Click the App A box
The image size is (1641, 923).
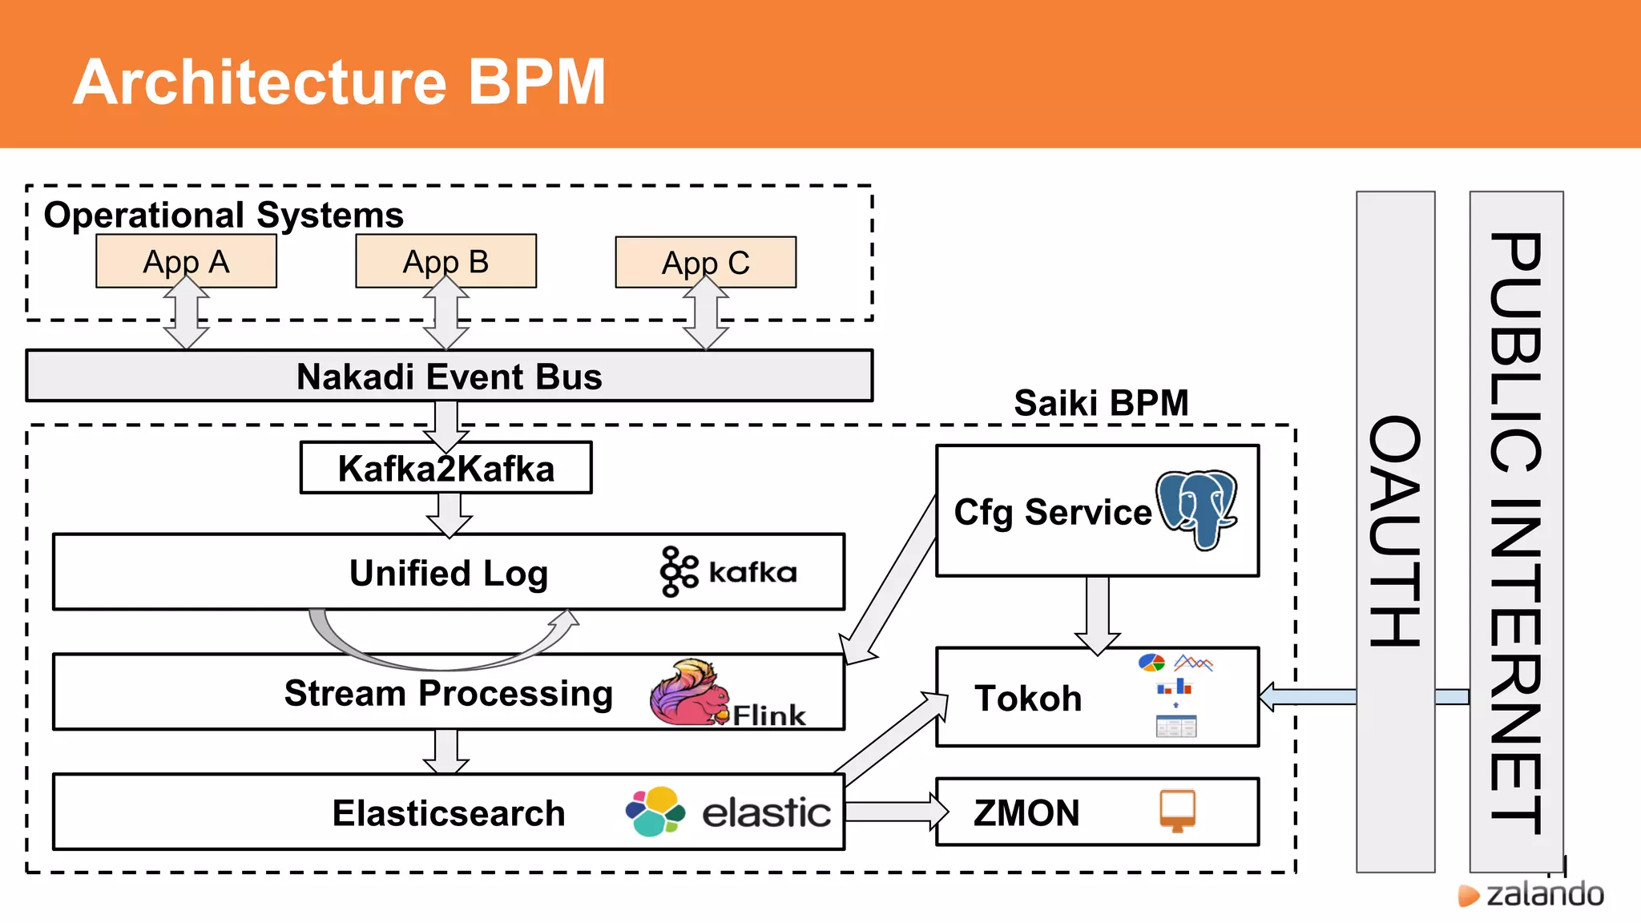tap(186, 261)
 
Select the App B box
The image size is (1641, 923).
tap(446, 261)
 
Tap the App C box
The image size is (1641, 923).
tap(705, 262)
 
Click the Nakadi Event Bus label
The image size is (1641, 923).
tap(449, 377)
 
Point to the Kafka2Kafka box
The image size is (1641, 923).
tap(446, 468)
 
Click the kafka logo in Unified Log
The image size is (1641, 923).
tap(728, 572)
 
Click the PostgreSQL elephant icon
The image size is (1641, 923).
tap(1197, 509)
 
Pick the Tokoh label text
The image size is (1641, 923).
tap(1028, 699)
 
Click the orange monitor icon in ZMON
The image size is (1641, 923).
tap(1177, 810)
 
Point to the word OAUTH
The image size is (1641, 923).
tap(1395, 531)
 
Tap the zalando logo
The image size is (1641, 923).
tap(1531, 894)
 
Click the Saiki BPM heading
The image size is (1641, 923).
tap(1101, 402)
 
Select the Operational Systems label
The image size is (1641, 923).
tap(224, 215)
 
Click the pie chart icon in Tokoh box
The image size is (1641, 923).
tap(1151, 663)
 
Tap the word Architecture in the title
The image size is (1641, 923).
tap(260, 83)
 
